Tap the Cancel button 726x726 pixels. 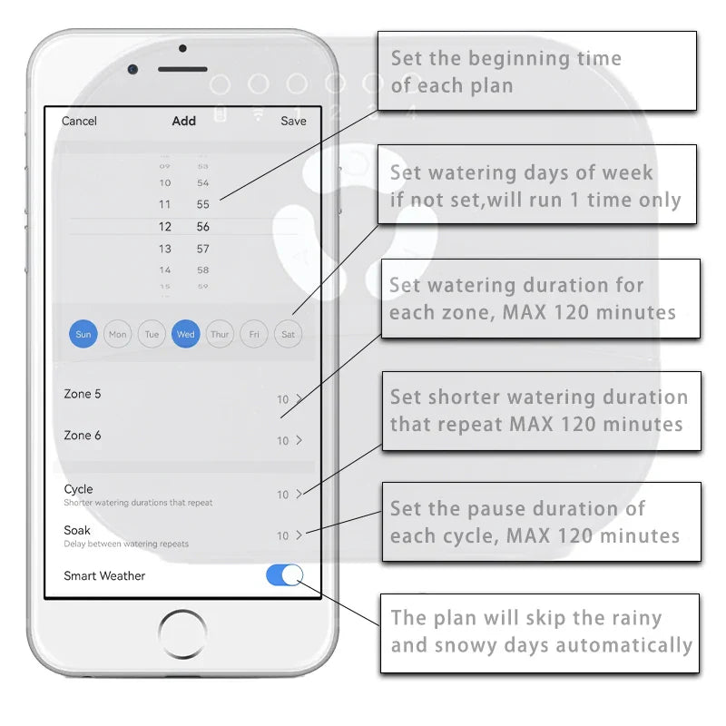pos(79,121)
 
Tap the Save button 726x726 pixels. pos(293,121)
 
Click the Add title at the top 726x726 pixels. pos(183,121)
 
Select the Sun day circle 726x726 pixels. pos(83,334)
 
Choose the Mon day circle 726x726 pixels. pos(118,334)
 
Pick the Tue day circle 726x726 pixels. pos(152,334)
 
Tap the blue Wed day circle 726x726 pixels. pos(186,334)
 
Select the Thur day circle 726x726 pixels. pos(220,334)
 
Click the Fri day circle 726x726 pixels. pos(254,334)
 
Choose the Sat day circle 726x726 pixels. pos(288,334)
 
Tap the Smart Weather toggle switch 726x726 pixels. pos(284,575)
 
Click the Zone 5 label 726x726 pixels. pos(83,394)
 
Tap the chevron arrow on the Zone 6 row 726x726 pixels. pos(299,440)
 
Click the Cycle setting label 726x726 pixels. pos(79,489)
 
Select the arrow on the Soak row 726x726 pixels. pos(299,535)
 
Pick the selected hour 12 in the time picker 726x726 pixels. pos(165,227)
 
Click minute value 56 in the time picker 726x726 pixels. pos(203,227)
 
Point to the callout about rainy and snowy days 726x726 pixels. pos(540,632)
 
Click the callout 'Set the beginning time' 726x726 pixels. pos(536,72)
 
